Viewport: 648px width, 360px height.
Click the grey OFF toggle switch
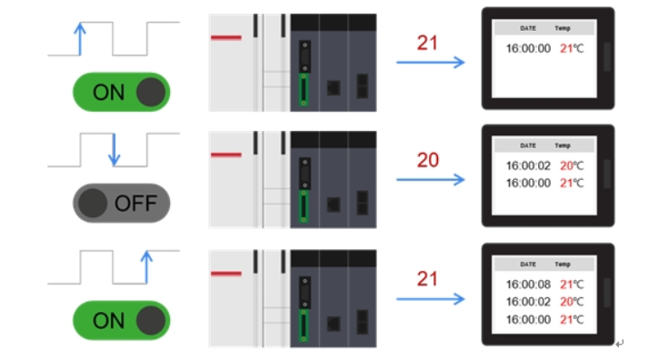tap(121, 203)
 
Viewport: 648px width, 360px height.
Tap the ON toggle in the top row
tap(121, 92)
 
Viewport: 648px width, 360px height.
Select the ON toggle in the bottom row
tap(121, 319)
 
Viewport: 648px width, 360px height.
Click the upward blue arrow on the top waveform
tap(79, 38)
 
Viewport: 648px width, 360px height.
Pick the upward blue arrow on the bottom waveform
tap(145, 266)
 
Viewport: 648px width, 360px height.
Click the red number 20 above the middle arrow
tap(427, 160)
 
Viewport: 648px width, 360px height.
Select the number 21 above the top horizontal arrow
tap(427, 43)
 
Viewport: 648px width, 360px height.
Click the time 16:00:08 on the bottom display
tap(528, 284)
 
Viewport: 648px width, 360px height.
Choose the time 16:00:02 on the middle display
tap(528, 165)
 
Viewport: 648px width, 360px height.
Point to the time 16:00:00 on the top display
tap(528, 48)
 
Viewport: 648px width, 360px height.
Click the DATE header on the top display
tap(528, 27)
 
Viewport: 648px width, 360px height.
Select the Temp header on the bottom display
tap(563, 264)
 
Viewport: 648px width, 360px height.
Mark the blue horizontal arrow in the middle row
tap(431, 179)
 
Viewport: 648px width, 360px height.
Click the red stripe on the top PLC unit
tap(225, 37)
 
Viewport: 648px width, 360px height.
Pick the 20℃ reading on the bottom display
tap(572, 301)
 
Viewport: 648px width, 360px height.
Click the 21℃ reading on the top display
tap(572, 48)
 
